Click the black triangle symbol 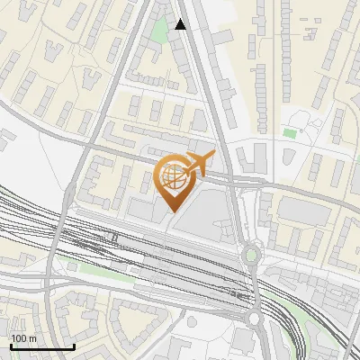click(181, 24)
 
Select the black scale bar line click(41, 347)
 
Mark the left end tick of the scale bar click(10, 346)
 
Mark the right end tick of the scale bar click(74, 346)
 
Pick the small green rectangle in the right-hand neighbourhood click(290, 133)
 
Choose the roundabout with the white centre click(254, 318)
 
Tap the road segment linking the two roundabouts click(253, 288)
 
